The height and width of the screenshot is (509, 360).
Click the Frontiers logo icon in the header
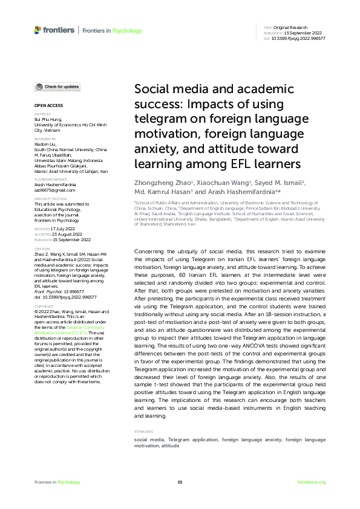click(x=38, y=30)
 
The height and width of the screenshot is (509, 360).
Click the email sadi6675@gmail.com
click(x=54, y=189)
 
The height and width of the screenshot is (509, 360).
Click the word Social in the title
click(x=151, y=89)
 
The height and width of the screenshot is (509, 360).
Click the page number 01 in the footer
click(x=180, y=482)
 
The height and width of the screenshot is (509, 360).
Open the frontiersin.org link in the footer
click(x=312, y=482)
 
